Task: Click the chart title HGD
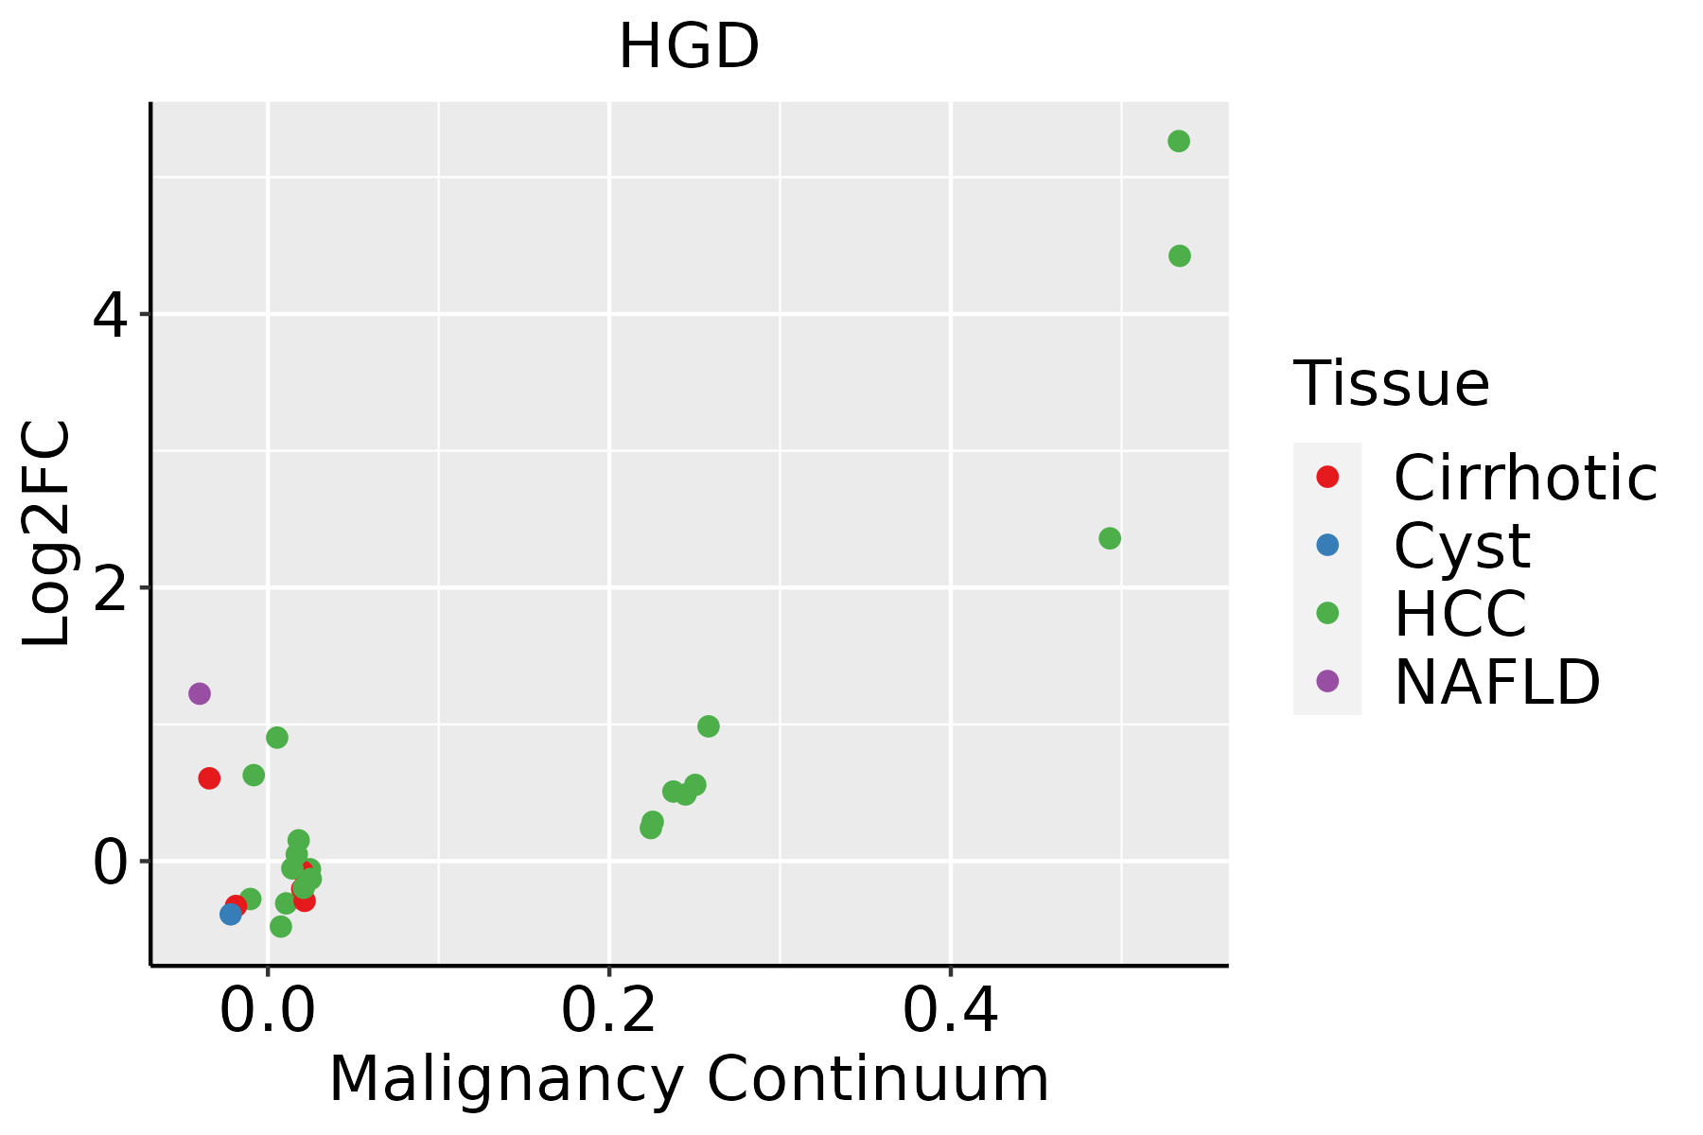coord(689,47)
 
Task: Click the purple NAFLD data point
coord(199,693)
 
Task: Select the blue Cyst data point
coord(231,914)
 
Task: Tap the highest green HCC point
coord(1179,141)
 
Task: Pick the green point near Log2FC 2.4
coord(1110,538)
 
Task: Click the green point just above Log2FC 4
coord(1179,255)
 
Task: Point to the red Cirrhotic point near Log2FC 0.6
coord(209,778)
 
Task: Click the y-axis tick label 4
coord(110,316)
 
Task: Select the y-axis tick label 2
coord(110,589)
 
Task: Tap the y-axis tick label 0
coord(110,863)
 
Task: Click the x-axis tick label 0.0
coord(268,1012)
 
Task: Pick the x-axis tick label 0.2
coord(609,1012)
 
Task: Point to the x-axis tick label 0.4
coord(950,1012)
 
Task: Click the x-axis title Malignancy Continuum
coord(689,1080)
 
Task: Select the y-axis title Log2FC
coord(47,533)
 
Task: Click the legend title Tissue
coord(1391,384)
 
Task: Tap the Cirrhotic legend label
coord(1525,479)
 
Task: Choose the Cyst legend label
coord(1462,547)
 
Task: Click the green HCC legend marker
coord(1327,613)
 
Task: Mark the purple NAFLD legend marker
coord(1327,680)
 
